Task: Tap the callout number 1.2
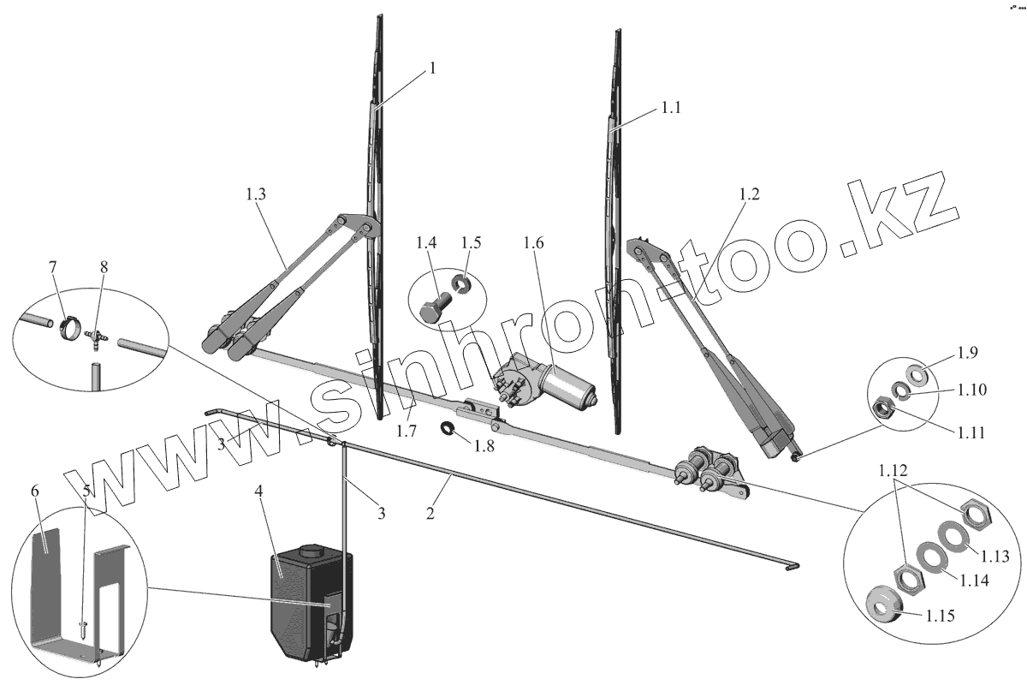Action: click(748, 194)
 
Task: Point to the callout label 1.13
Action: click(994, 556)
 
